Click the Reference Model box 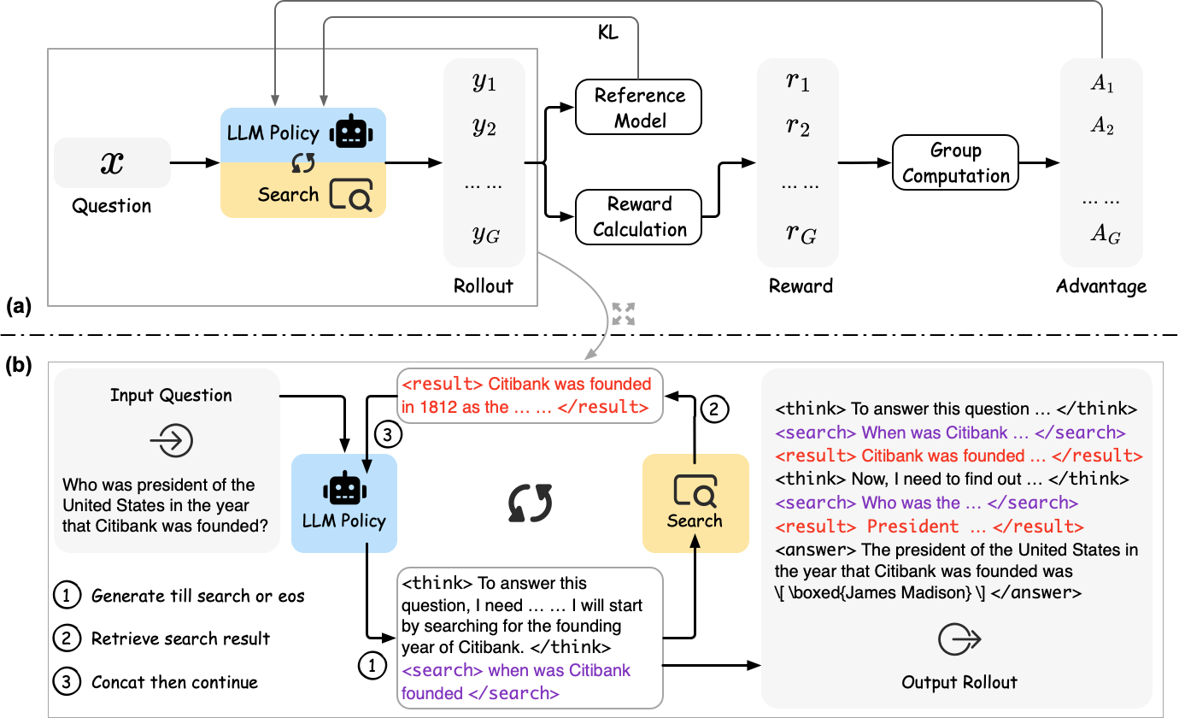(639, 108)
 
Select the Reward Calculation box (639, 216)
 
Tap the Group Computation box (955, 163)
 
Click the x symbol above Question (112, 162)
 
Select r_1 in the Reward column (798, 83)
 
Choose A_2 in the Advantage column (1101, 127)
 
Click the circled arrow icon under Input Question (171, 440)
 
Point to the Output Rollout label (959, 681)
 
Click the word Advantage (1101, 285)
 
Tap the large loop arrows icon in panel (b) (530, 503)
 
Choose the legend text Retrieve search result (180, 639)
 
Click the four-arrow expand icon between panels (624, 314)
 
